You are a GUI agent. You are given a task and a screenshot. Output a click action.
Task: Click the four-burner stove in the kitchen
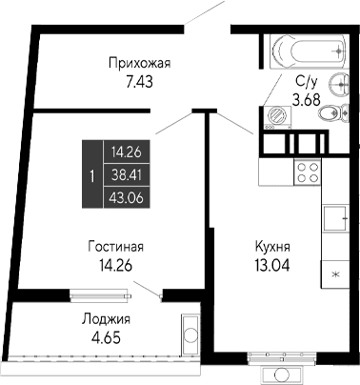pyautogui.click(x=308, y=172)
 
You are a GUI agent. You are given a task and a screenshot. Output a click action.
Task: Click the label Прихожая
pyautogui.click(x=138, y=64)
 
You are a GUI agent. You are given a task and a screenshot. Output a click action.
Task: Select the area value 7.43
pyautogui.click(x=138, y=82)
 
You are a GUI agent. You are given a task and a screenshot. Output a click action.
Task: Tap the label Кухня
pyautogui.click(x=272, y=246)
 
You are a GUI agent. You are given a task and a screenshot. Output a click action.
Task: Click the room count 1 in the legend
pyautogui.click(x=90, y=174)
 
